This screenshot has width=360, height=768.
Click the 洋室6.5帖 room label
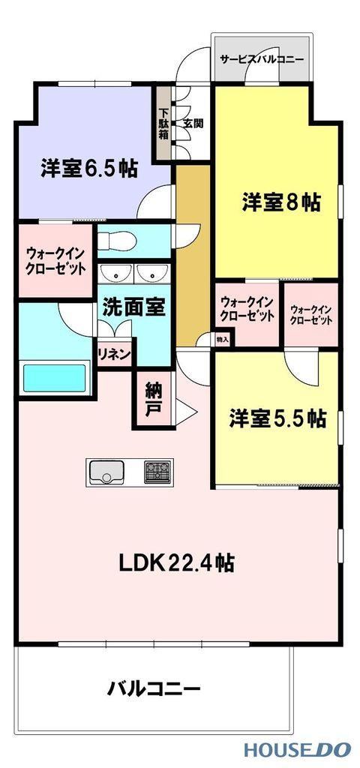coord(88,169)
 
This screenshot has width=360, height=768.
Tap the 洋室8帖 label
coord(281,202)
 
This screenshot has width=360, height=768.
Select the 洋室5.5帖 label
coord(277,418)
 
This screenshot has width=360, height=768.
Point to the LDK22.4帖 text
coord(176,563)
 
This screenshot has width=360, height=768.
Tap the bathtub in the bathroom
coord(55,378)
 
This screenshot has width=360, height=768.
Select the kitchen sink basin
coord(105,472)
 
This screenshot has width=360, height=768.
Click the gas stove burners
coord(157,472)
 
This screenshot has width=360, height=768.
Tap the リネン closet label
coord(115,354)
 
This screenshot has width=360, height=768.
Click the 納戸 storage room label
coord(154,399)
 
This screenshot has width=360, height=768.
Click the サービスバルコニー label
coord(262,60)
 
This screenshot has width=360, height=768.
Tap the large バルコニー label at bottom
coord(154,690)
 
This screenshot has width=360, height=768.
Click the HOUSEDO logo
coord(298,749)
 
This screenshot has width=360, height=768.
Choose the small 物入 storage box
coord(223,338)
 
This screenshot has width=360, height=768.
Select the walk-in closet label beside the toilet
coord(55,261)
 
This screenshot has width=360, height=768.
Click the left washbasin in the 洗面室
coord(115,274)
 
